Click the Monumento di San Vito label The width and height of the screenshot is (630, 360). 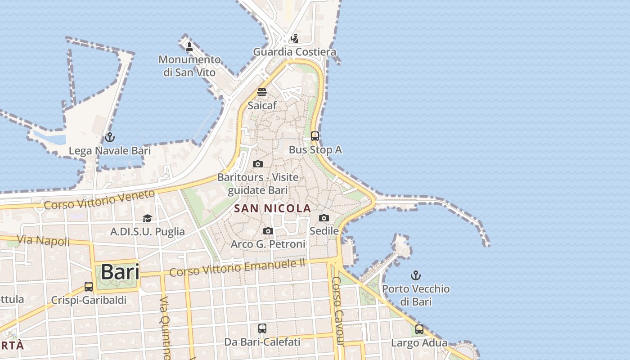point(189,66)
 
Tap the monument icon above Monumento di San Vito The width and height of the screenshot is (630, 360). point(189,46)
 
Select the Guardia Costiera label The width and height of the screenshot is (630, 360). point(295,52)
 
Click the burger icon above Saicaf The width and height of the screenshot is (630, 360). point(262,92)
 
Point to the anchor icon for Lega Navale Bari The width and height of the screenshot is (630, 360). point(109,137)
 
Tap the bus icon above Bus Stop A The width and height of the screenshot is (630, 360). point(315,136)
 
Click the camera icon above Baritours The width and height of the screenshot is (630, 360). point(258,164)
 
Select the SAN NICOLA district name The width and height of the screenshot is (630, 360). point(273,208)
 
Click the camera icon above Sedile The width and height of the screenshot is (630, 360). point(324,218)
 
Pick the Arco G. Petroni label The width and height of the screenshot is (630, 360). point(268,244)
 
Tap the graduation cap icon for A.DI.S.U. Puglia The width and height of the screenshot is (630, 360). point(147,219)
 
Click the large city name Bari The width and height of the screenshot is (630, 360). point(120,272)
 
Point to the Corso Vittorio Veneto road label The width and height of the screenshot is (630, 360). point(99,199)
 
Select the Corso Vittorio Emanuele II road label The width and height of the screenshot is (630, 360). point(237,267)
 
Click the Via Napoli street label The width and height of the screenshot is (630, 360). point(44,240)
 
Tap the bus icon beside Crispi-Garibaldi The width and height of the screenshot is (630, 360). point(89,287)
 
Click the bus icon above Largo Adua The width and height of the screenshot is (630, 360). point(419,329)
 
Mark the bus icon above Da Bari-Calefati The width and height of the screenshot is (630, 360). point(262,328)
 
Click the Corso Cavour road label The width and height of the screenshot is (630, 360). point(338,310)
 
